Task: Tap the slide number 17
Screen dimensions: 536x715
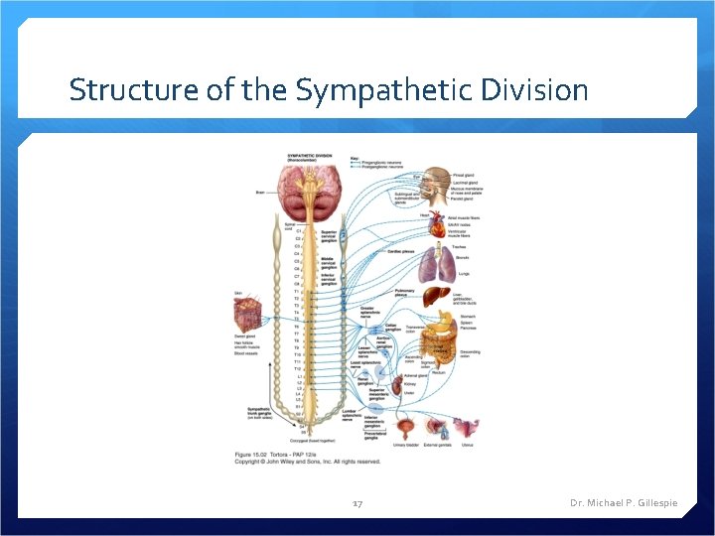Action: [357, 503]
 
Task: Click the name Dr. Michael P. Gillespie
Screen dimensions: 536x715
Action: [624, 503]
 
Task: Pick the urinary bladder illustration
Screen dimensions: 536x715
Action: [406, 429]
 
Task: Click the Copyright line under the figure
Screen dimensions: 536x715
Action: [307, 462]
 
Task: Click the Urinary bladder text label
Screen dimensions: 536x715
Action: [407, 446]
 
